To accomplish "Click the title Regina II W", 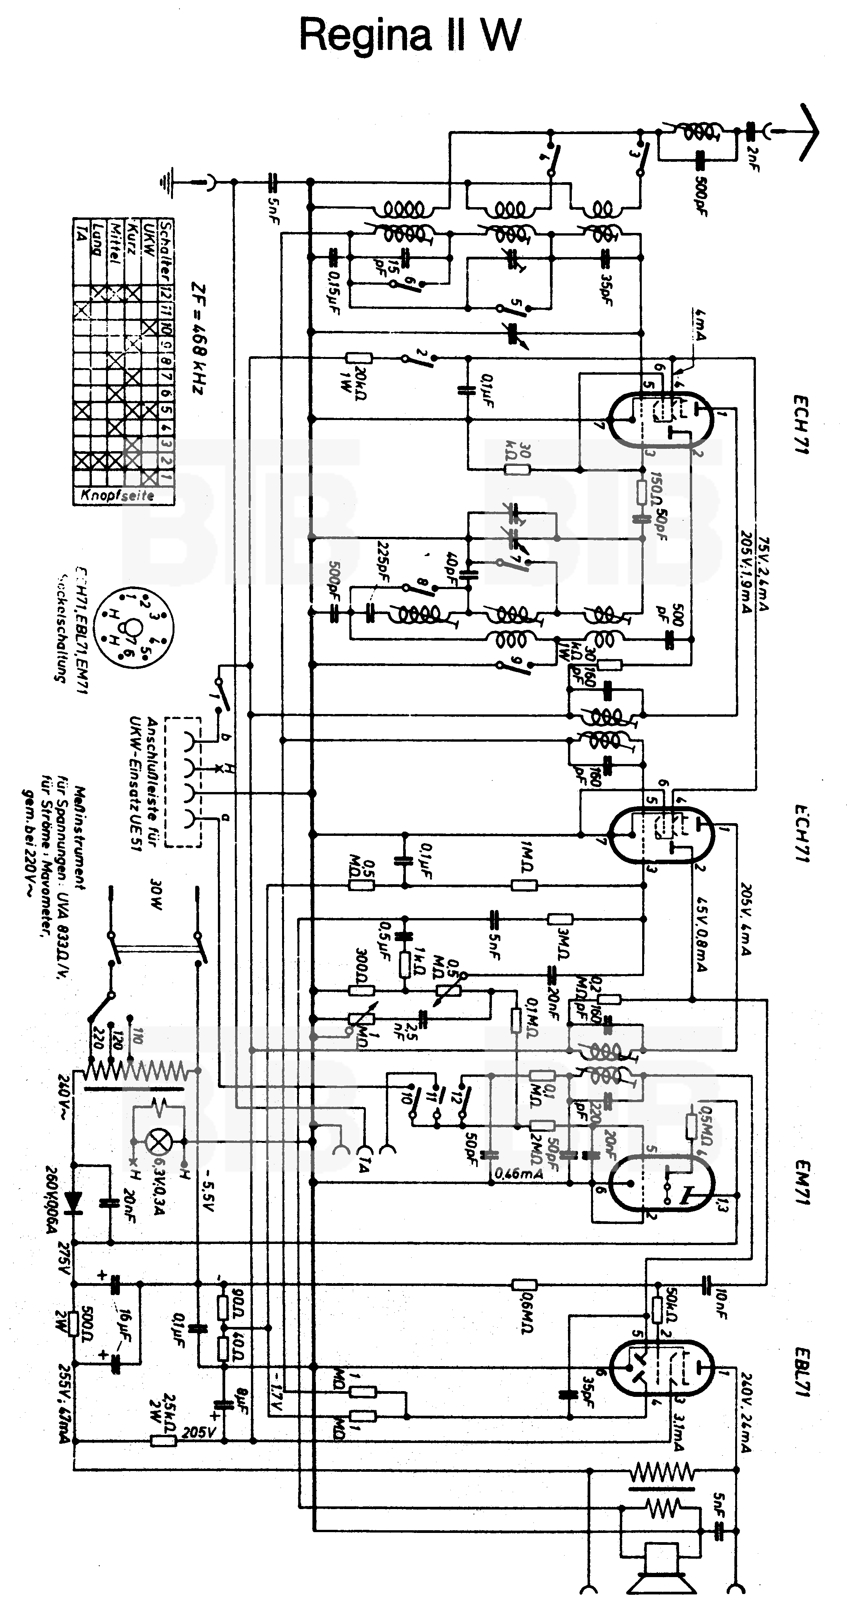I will point(410,36).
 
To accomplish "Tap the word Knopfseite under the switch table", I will point(117,495).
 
